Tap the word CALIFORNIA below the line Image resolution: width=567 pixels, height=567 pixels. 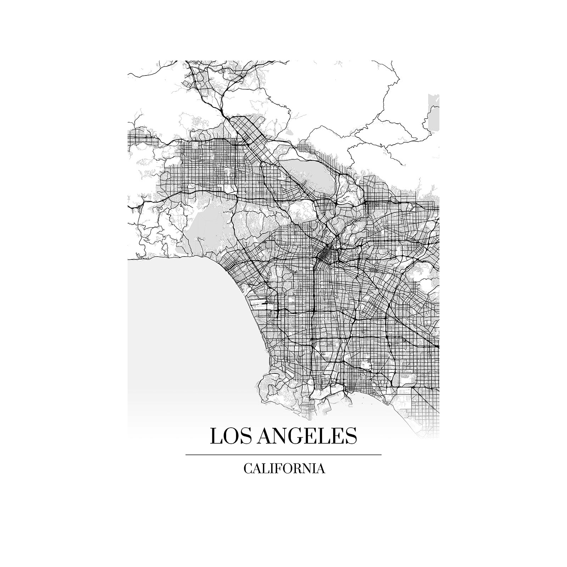pyautogui.click(x=284, y=468)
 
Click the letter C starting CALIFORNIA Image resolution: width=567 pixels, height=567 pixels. pyautogui.click(x=248, y=468)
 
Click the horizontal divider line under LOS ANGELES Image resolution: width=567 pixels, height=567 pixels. pyautogui.click(x=283, y=454)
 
